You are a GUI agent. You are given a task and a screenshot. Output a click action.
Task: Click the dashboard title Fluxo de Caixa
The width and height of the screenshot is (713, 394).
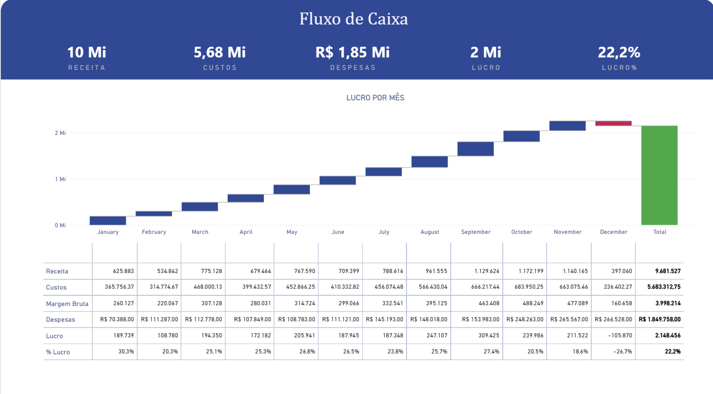354,19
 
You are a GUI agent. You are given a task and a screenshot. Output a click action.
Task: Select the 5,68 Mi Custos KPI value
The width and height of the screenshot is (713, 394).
219,52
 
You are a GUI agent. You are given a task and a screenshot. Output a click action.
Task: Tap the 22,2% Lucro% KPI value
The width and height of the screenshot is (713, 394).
619,52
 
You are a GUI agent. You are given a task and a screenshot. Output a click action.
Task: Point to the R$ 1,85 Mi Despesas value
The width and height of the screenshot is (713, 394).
353,52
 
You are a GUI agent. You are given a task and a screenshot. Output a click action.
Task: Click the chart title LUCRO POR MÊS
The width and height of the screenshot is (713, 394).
375,98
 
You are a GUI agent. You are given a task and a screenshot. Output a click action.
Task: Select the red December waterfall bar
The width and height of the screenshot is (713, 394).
613,124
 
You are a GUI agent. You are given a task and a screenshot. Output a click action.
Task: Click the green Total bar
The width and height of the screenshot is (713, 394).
660,175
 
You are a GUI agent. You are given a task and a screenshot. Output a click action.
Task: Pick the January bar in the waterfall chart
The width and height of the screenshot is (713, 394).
108,220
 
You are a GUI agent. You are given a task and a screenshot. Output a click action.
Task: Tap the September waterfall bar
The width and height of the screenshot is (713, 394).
475,149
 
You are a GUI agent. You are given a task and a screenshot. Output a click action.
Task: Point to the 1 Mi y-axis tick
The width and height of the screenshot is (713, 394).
60,179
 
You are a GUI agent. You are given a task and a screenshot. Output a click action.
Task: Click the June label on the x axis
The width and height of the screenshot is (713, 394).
338,232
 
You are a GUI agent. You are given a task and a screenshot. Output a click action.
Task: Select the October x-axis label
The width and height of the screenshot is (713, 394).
521,232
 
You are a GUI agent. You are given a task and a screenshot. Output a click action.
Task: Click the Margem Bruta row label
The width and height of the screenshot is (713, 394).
67,304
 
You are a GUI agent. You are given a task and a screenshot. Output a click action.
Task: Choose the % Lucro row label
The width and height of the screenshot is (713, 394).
58,352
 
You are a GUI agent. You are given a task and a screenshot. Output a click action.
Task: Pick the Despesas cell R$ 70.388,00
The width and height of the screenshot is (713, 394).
117,319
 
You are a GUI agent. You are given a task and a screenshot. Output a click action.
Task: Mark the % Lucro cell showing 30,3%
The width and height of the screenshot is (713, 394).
126,352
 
